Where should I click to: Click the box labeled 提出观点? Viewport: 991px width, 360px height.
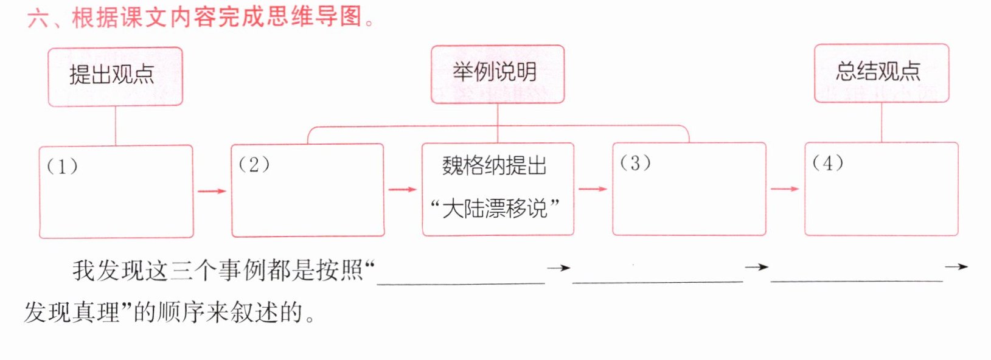click(116, 77)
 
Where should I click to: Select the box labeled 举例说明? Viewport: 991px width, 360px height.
click(498, 74)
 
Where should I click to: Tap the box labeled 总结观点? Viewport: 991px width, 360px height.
click(881, 73)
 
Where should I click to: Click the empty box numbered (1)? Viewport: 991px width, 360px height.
click(116, 192)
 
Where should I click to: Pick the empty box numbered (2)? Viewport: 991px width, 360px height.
click(308, 190)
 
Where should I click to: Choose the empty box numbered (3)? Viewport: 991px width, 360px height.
click(689, 189)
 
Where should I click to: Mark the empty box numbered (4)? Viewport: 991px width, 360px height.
click(881, 189)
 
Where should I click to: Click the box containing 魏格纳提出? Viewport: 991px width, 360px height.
click(498, 189)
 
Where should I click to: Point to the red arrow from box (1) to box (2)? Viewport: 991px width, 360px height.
click(212, 191)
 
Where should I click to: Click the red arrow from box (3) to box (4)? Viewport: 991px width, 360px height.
click(785, 189)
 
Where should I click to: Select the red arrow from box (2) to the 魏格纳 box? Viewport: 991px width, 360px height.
click(403, 190)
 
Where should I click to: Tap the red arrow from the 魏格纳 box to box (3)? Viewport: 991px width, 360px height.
click(593, 189)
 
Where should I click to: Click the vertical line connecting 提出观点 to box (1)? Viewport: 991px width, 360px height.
click(116, 126)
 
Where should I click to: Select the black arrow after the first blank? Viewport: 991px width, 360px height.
click(558, 268)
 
